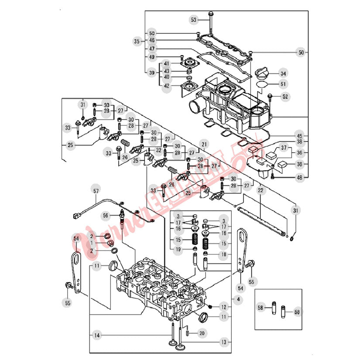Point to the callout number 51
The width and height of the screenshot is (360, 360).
pyautogui.click(x=283, y=84)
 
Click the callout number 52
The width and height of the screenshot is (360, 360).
pyautogui.click(x=285, y=96)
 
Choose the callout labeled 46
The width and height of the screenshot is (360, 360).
pyautogui.click(x=152, y=40)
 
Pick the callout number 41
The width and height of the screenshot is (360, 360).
pyautogui.click(x=166, y=63)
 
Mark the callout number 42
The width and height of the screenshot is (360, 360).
pyautogui.click(x=166, y=86)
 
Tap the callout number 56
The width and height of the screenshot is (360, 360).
pyautogui.click(x=105, y=215)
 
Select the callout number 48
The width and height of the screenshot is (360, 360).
pyautogui.click(x=299, y=178)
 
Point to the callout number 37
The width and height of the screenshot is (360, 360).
pyautogui.click(x=285, y=149)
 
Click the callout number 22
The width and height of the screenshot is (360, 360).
pyautogui.click(x=261, y=191)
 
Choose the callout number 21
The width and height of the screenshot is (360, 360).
pyautogui.click(x=203, y=144)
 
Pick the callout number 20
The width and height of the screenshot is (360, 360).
pyautogui.click(x=201, y=333)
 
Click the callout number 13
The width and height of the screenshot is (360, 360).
pyautogui.click(x=223, y=343)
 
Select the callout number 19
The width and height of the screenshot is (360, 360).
pyautogui.click(x=178, y=250)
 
